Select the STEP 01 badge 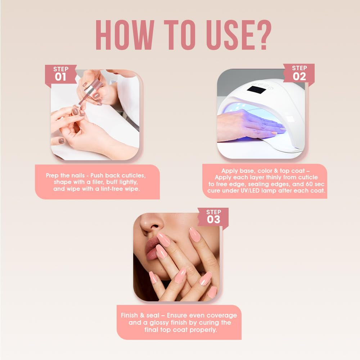[x=60, y=74]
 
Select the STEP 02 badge [x=299, y=73]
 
